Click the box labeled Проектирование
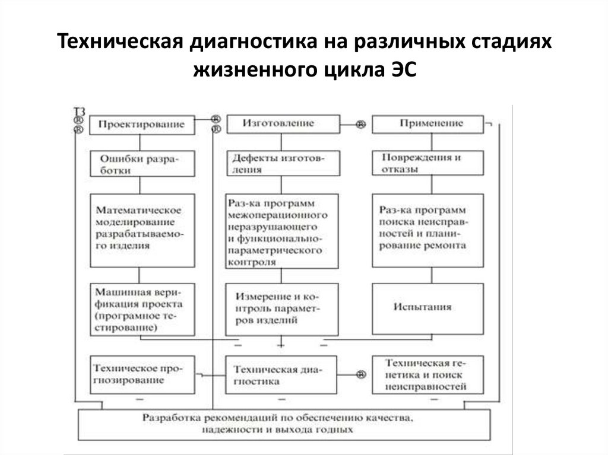(x=141, y=125)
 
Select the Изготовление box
(x=278, y=123)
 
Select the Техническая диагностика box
(x=280, y=376)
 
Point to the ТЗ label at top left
(x=79, y=110)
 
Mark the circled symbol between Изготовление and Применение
(x=360, y=125)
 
